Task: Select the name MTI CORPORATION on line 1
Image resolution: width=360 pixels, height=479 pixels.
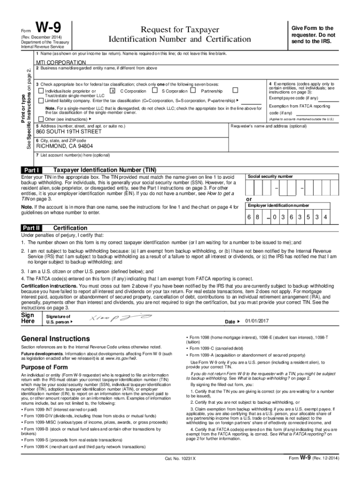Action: point(61,62)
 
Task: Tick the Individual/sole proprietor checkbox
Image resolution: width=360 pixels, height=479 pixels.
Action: point(41,91)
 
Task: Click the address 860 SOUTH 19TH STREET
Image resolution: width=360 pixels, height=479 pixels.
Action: point(68,132)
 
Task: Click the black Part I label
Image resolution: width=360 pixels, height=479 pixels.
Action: point(31,170)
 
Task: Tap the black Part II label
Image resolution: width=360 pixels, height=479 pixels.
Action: point(31,228)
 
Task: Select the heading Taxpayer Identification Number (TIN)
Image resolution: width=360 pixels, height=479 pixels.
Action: point(105,170)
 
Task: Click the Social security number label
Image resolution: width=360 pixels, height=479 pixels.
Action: point(270,177)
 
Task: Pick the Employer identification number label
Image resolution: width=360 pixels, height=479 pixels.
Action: point(278,205)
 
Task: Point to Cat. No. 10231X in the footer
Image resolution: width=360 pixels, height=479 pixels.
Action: point(180,458)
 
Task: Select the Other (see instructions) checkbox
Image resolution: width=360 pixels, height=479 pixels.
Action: point(41,119)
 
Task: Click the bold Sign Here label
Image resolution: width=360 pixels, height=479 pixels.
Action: point(28,319)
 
